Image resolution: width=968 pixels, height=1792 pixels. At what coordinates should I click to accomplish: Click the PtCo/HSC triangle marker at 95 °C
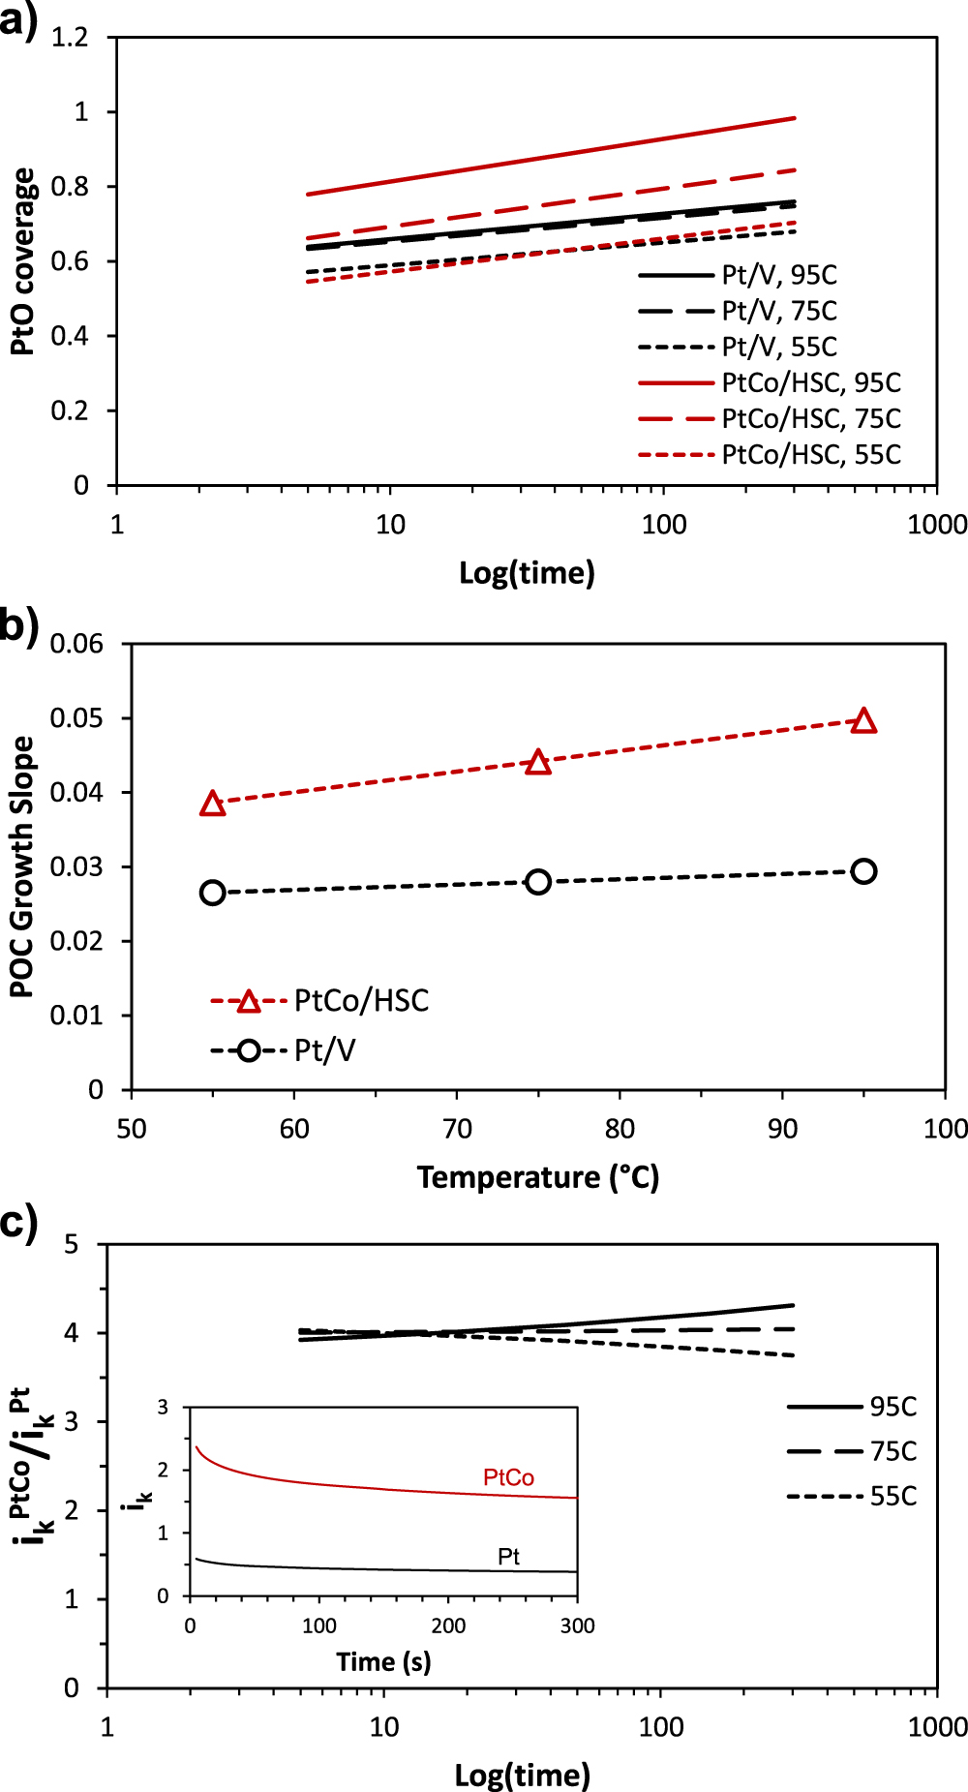pyautogui.click(x=864, y=721)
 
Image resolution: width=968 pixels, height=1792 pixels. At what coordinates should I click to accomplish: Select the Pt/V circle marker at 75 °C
pyautogui.click(x=538, y=882)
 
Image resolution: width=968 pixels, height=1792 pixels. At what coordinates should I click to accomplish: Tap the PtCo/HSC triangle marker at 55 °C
pyautogui.click(x=213, y=804)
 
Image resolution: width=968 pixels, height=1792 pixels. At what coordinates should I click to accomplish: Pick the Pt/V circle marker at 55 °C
pyautogui.click(x=213, y=893)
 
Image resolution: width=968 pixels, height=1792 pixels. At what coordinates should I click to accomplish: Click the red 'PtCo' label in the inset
pyautogui.click(x=508, y=1477)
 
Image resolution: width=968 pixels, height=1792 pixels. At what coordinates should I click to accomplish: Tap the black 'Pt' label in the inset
pyautogui.click(x=508, y=1556)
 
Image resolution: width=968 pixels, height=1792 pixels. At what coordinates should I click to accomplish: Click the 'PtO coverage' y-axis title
pyautogui.click(x=23, y=261)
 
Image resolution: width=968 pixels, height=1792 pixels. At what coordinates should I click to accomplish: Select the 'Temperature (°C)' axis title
pyautogui.click(x=538, y=1177)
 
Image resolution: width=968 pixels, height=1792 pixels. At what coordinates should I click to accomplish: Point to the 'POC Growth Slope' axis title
pyautogui.click(x=21, y=866)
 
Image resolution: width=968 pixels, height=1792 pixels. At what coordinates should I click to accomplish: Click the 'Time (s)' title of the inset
pyautogui.click(x=383, y=1662)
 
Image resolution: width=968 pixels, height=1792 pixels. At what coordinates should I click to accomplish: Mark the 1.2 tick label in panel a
pyautogui.click(x=70, y=38)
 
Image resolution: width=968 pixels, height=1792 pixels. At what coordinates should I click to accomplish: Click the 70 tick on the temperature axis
pyautogui.click(x=457, y=1129)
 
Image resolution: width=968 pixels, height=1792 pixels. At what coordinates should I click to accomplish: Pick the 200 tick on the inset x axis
pyautogui.click(x=448, y=1625)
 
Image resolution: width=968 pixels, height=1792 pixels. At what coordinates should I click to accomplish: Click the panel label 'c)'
pyautogui.click(x=19, y=1223)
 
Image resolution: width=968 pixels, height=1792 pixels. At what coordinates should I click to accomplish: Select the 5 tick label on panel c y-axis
pyautogui.click(x=71, y=1244)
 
